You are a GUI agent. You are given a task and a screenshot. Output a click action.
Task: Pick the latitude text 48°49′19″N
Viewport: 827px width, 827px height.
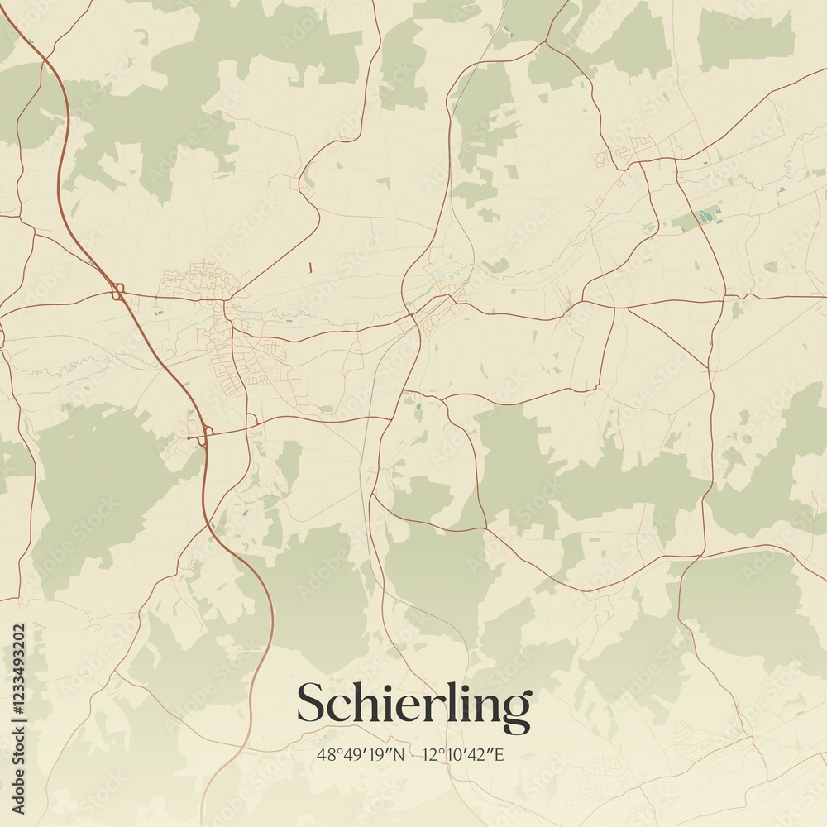click(361, 754)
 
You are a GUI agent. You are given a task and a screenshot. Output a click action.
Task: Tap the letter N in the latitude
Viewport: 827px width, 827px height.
click(400, 754)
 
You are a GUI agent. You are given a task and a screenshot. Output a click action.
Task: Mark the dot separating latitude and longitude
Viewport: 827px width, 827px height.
click(413, 754)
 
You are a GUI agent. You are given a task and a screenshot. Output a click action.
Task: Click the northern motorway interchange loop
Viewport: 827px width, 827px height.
click(117, 291)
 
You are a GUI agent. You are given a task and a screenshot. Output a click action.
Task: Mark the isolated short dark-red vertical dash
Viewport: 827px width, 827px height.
click(310, 267)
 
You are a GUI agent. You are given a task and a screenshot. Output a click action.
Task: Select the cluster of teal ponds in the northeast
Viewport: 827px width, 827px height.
click(704, 218)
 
